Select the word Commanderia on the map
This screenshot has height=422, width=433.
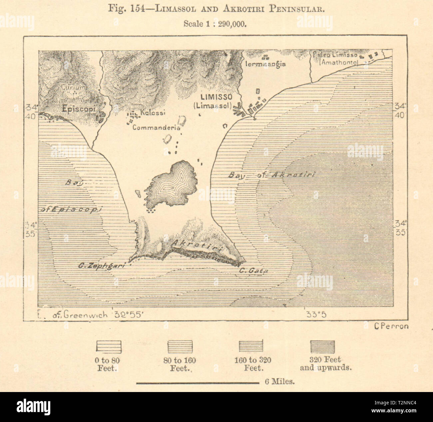point(156,127)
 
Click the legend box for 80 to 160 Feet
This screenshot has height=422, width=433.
point(180,346)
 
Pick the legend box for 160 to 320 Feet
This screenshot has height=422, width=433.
point(251,346)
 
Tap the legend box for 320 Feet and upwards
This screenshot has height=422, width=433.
point(322,346)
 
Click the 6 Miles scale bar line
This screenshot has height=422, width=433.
point(198,383)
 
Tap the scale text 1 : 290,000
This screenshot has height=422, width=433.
point(227,24)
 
